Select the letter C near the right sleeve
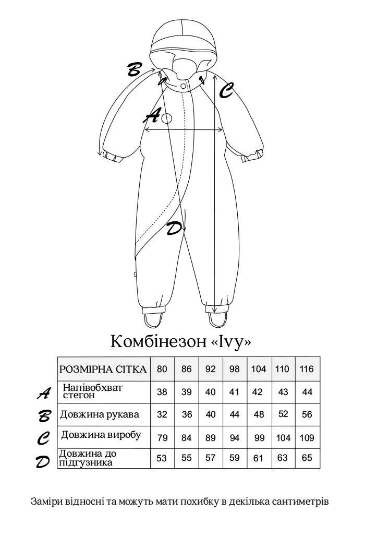point(226,90)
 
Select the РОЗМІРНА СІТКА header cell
point(103,369)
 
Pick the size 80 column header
point(162,369)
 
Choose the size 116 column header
point(307,369)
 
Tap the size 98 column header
point(235,369)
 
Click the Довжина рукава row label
point(100,415)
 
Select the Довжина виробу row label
point(101,435)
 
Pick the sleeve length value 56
point(307,415)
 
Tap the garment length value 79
point(162,438)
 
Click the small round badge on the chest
point(167,118)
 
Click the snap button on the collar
point(183,86)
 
